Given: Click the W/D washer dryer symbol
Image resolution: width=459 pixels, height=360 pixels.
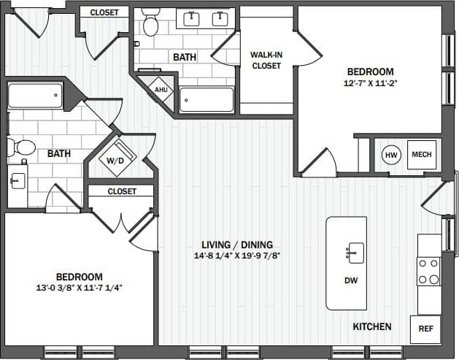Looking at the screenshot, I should pos(115,160).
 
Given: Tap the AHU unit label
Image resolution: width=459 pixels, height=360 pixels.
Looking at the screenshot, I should pos(161,89).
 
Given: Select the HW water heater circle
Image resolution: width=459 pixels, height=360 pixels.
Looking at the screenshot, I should pos(390,155).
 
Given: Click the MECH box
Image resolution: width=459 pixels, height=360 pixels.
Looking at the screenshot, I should pos(421,155).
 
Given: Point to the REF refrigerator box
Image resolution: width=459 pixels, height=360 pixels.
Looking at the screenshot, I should pos(425,329).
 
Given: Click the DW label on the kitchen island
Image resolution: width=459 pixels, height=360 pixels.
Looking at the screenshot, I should pos(350,280).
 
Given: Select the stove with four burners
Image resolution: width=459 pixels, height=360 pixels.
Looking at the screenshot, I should pos(428,271).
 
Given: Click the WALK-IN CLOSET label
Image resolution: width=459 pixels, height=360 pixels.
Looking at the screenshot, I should pos(266,61).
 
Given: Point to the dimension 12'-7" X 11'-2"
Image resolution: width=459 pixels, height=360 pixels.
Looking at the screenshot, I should pos(369,83).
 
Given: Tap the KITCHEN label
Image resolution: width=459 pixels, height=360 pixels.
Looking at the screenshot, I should pos(372,326).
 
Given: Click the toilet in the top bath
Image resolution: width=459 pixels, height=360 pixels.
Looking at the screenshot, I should pos(151,24).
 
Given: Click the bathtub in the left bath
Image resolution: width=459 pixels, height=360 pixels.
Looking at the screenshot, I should pos(35,96).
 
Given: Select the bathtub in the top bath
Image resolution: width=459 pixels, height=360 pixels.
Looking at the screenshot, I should pos(207,100).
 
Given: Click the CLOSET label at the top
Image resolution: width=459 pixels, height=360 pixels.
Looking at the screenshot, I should pos(104,12).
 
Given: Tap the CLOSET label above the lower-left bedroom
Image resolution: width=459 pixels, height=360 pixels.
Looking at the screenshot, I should pos(122,191).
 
